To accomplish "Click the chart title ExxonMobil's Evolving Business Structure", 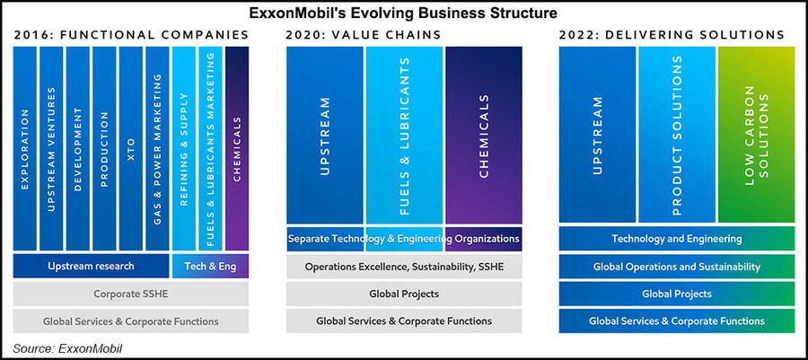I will tap(403, 13).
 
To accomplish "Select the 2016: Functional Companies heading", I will tap(131, 35).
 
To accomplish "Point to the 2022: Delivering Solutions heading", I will tap(672, 35).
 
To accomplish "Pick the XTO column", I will tap(130, 148).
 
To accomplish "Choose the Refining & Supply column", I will tap(183, 148).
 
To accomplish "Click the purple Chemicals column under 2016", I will tap(237, 148).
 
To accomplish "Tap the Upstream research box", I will tap(91, 266).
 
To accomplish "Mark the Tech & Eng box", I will tap(209, 266).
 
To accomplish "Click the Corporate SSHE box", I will tap(130, 294).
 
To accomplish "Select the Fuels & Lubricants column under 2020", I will tap(404, 135).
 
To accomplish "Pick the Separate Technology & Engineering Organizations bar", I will tap(404, 240).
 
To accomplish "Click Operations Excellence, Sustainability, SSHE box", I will tap(404, 267).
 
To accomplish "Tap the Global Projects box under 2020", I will tap(404, 294).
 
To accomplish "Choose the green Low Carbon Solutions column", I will tap(756, 135).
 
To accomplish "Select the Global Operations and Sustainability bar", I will tap(676, 267).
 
